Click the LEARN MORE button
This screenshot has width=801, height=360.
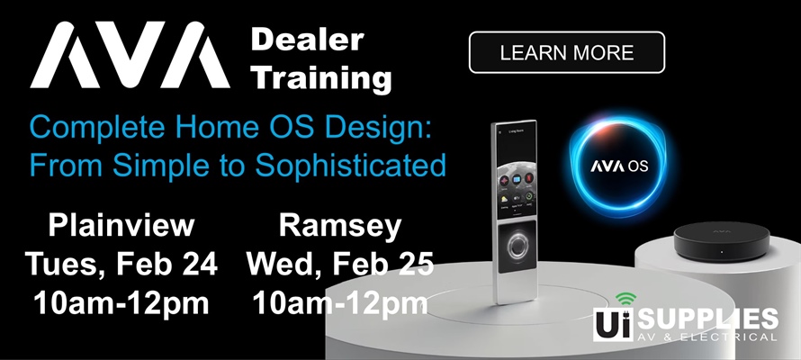tap(567, 52)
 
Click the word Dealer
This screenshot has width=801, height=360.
tap(307, 40)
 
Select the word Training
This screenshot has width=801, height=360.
tap(321, 78)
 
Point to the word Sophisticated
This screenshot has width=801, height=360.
tap(364, 165)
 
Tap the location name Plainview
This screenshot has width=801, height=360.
tap(121, 226)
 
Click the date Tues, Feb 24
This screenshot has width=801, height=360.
tap(121, 265)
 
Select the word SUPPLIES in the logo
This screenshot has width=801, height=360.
tap(713, 319)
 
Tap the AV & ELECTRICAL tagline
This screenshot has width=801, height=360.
tap(713, 337)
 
